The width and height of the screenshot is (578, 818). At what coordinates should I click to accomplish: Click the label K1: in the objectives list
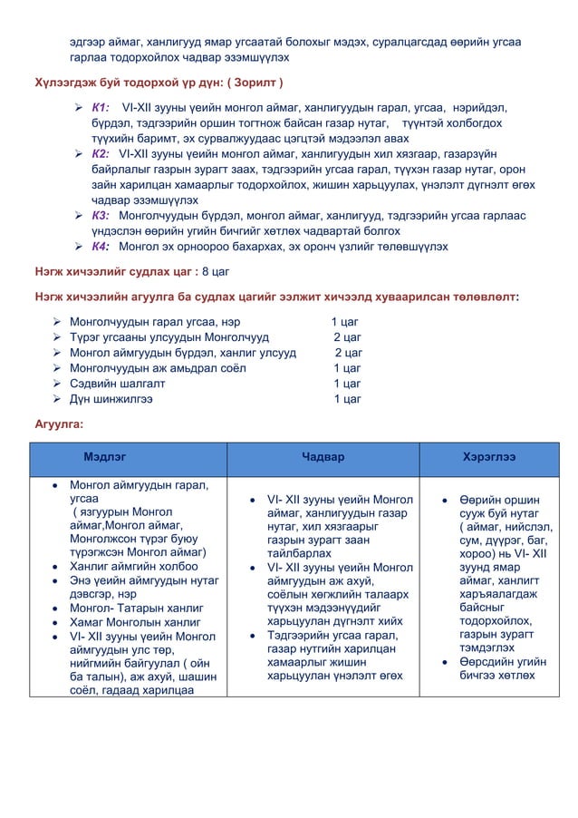click(100, 107)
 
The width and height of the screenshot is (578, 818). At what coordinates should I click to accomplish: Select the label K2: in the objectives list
click(100, 154)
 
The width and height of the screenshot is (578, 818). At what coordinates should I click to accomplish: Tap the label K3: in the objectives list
click(101, 216)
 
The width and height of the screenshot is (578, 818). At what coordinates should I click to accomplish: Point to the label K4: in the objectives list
click(100, 247)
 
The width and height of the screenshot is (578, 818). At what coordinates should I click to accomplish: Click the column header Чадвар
click(323, 458)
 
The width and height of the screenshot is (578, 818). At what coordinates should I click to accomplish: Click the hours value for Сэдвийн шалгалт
click(347, 384)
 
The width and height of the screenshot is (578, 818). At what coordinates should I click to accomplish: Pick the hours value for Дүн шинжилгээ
click(347, 399)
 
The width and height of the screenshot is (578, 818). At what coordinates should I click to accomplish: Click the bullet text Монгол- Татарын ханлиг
click(136, 608)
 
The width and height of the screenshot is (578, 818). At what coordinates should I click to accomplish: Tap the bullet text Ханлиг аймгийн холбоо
click(133, 567)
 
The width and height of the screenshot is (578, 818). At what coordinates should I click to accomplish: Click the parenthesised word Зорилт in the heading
click(255, 83)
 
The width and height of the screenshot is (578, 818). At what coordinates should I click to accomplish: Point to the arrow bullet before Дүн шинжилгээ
click(57, 399)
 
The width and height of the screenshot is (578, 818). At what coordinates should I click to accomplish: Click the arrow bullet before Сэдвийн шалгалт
click(57, 384)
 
